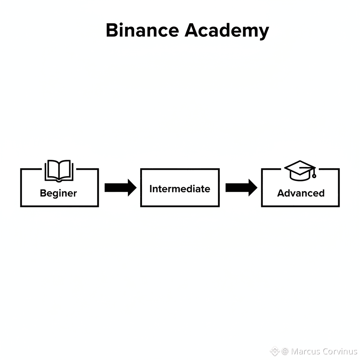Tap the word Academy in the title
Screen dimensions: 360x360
pyautogui.click(x=226, y=31)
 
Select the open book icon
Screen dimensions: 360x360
pyautogui.click(x=59, y=171)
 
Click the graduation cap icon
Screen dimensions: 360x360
pyautogui.click(x=300, y=170)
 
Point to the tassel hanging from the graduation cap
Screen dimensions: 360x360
pyautogui.click(x=314, y=174)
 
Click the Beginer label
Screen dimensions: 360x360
pyautogui.click(x=58, y=193)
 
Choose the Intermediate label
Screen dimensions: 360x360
pyautogui.click(x=180, y=189)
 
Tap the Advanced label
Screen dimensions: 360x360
pyautogui.click(x=301, y=193)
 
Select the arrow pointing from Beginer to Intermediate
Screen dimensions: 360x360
pyautogui.click(x=120, y=187)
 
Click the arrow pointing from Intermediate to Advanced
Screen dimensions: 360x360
pyautogui.click(x=241, y=187)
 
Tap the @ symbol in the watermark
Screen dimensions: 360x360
pyautogui.click(x=285, y=351)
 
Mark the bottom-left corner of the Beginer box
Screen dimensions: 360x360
pyautogui.click(x=21, y=206)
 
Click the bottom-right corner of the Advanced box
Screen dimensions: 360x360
pyautogui.click(x=339, y=206)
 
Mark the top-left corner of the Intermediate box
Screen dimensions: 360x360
pyautogui.click(x=141, y=169)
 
